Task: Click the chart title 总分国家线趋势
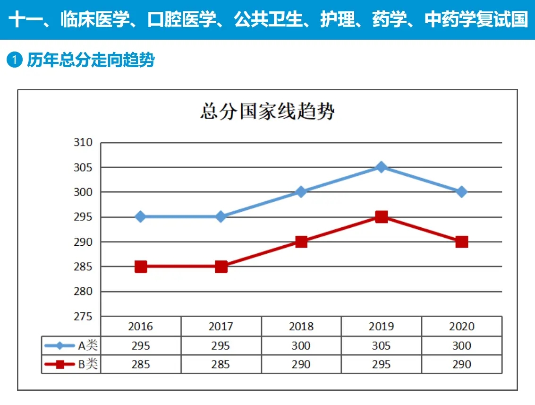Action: tap(267, 112)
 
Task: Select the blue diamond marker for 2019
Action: tap(381, 167)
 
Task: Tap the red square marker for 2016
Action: tap(141, 267)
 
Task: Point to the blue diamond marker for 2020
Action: tap(461, 192)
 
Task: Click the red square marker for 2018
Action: tap(301, 242)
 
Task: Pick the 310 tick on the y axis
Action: tap(83, 143)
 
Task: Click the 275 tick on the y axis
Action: tap(83, 316)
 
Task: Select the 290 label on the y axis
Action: tap(83, 242)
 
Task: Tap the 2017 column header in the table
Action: tap(221, 327)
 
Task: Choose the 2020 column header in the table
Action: tap(461, 327)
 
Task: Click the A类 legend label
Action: tap(88, 345)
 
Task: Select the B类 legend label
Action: tap(88, 364)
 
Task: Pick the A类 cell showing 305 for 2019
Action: tap(381, 345)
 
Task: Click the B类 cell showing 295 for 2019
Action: tap(381, 364)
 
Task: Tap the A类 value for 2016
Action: tap(141, 345)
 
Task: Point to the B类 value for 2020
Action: tap(461, 364)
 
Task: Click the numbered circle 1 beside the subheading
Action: tap(15, 60)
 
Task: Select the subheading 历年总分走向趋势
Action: tap(91, 60)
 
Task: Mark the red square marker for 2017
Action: tap(221, 267)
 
